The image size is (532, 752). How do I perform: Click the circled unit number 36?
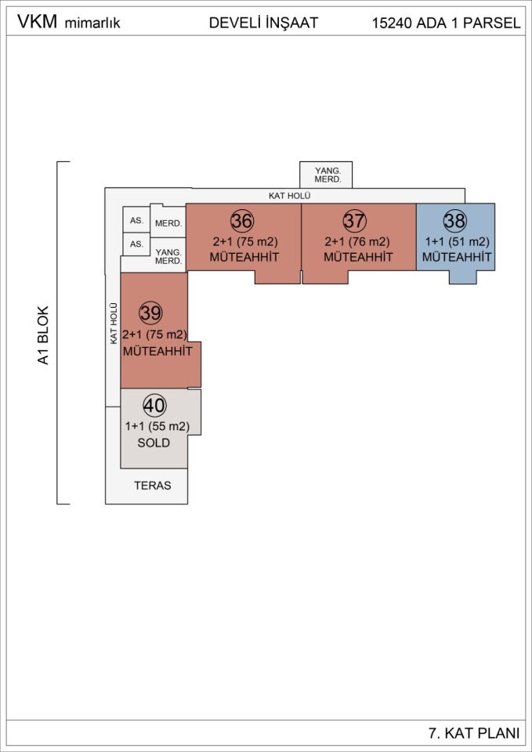[242, 221]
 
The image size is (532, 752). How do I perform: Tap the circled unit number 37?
[355, 221]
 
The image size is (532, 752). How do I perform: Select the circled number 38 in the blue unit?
[454, 221]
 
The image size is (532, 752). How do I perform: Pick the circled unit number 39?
[150, 313]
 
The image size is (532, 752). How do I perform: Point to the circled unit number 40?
[155, 407]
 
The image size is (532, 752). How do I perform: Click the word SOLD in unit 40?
[154, 443]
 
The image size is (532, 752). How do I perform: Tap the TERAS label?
[153, 486]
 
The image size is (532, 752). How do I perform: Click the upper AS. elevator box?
[136, 221]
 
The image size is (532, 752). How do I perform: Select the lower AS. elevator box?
[136, 244]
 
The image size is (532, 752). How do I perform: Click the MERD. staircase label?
[168, 223]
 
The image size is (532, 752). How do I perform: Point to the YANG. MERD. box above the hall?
[326, 175]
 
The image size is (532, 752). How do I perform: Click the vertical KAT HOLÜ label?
[114, 324]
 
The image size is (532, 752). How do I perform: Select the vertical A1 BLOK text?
[44, 335]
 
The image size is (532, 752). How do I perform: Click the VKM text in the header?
[37, 22]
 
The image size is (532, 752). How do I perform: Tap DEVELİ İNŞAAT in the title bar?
[263, 23]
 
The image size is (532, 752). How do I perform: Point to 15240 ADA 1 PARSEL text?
[447, 23]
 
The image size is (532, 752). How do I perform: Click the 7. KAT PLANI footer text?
[475, 733]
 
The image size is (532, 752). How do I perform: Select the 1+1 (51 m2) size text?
[455, 242]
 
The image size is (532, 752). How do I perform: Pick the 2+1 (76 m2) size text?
[356, 242]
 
